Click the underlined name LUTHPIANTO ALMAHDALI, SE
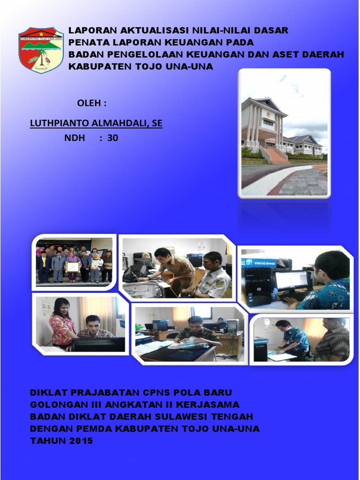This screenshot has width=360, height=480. click(x=96, y=123)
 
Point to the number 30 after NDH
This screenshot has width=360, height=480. click(x=112, y=138)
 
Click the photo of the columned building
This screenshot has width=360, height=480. click(x=284, y=133)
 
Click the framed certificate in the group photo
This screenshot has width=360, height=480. click(x=73, y=267)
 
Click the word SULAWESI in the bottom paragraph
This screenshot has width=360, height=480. click(x=180, y=416)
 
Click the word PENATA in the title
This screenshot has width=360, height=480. click(x=89, y=43)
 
